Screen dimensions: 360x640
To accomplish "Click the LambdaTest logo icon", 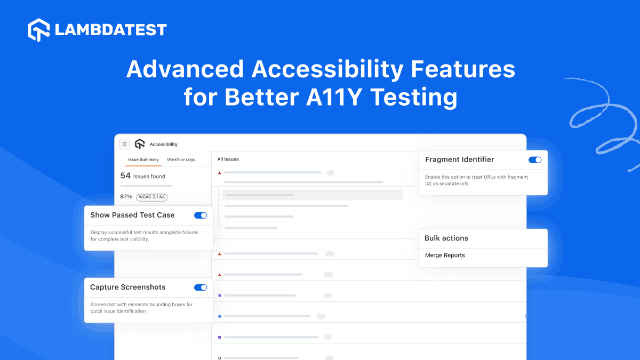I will click(x=39, y=30).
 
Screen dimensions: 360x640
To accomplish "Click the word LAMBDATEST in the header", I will click(x=111, y=30).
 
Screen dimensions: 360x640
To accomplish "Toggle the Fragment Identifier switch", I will click(x=535, y=160).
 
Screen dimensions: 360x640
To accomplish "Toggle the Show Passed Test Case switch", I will click(x=201, y=215).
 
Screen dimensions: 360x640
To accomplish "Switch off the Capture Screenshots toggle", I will click(x=201, y=287).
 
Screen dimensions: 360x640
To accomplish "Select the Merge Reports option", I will click(x=445, y=255).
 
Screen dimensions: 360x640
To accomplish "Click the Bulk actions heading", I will click(x=446, y=238).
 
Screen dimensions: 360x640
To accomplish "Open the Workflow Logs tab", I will click(x=181, y=159).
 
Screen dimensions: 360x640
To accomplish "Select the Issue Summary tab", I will click(x=143, y=159).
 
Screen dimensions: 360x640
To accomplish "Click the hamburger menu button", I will click(x=124, y=144).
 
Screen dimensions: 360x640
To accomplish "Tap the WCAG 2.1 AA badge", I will click(x=152, y=197).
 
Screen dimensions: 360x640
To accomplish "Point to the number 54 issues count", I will click(x=125, y=175).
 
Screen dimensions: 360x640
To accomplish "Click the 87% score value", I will click(x=126, y=196).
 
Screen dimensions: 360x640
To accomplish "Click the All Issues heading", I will click(x=228, y=159).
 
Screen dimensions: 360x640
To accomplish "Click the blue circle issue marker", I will click(x=219, y=316).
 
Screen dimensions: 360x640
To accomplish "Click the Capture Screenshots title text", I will click(x=128, y=287).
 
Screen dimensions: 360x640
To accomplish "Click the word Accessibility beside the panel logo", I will click(x=164, y=145).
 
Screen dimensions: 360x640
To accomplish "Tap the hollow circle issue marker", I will click(x=219, y=358).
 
